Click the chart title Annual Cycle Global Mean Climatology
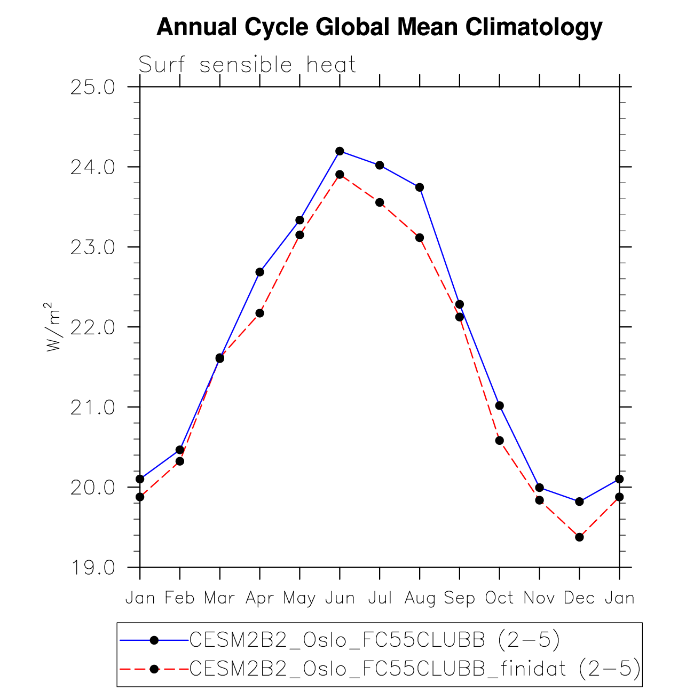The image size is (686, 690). pyautogui.click(x=379, y=27)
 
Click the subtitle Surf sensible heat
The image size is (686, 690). pyautogui.click(x=247, y=65)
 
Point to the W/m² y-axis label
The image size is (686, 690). pyautogui.click(x=53, y=327)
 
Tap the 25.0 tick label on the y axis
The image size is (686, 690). pyautogui.click(x=93, y=87)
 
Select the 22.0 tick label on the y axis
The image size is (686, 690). pyautogui.click(x=93, y=327)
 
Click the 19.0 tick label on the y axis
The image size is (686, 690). pyautogui.click(x=93, y=568)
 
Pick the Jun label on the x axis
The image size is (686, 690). pyautogui.click(x=340, y=598)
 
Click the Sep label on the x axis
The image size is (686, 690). pyautogui.click(x=459, y=598)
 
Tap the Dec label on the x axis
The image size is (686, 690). pyautogui.click(x=579, y=598)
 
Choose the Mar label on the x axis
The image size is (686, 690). pyautogui.click(x=219, y=598)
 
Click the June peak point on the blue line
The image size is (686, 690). pyautogui.click(x=340, y=151)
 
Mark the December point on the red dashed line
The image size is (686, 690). pyautogui.click(x=579, y=537)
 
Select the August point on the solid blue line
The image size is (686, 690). pyautogui.click(x=420, y=187)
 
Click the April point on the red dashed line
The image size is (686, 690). pyautogui.click(x=259, y=313)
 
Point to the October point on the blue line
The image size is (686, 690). pyautogui.click(x=499, y=406)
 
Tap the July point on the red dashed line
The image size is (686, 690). pyautogui.click(x=380, y=202)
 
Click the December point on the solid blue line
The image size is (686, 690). pyautogui.click(x=579, y=501)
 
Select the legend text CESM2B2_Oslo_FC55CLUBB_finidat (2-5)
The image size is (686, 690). pyautogui.click(x=415, y=668)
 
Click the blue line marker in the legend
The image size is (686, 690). pyautogui.click(x=154, y=639)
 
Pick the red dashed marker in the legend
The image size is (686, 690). pyautogui.click(x=154, y=669)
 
